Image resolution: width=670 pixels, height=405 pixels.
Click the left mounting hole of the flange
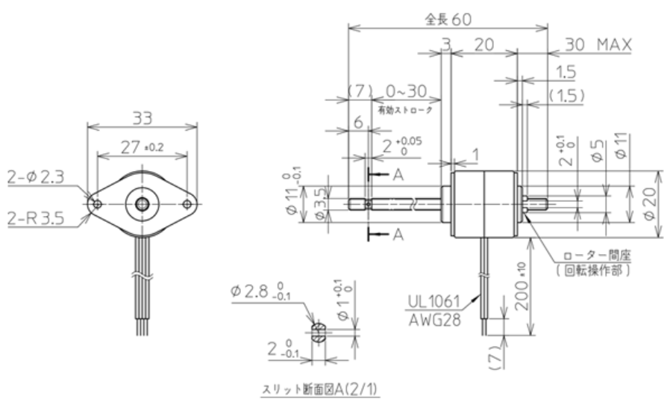click(x=97, y=202)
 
